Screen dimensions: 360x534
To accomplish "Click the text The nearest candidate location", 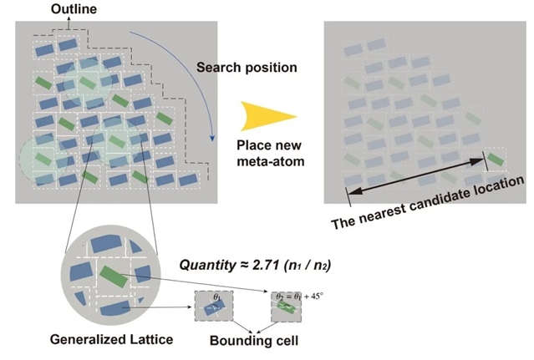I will (x=427, y=203).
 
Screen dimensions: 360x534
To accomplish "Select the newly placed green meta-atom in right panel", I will (x=496, y=160).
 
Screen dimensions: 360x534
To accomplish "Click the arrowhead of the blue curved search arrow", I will (x=213, y=137).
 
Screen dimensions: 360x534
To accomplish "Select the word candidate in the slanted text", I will (x=437, y=201).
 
